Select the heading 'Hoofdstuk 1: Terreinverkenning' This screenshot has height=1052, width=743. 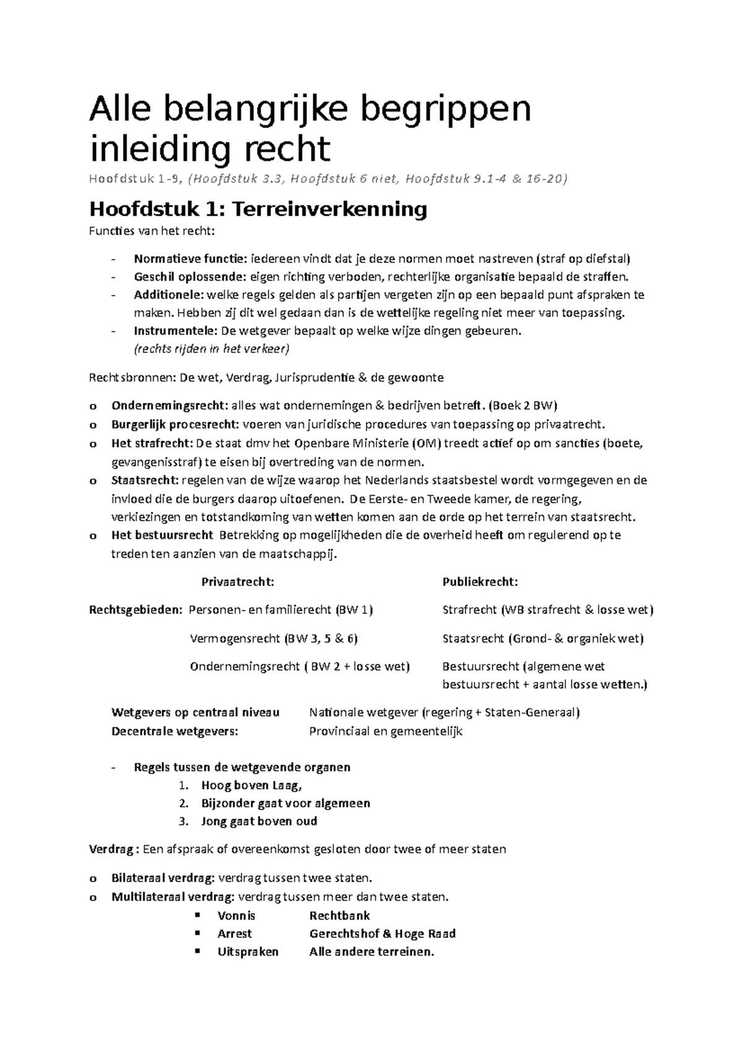(x=258, y=209)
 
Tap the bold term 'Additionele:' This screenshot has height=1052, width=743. (x=168, y=295)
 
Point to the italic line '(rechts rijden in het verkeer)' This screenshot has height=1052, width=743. (x=211, y=349)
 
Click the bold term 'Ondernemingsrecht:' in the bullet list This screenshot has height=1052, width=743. (x=170, y=406)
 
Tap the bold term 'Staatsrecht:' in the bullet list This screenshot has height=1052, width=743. (x=144, y=480)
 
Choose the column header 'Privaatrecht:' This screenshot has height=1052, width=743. (x=238, y=582)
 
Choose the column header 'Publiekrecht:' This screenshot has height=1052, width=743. (x=480, y=582)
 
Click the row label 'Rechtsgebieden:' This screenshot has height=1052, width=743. (x=136, y=610)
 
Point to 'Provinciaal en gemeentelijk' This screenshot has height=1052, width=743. (x=385, y=731)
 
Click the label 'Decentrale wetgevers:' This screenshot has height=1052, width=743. (x=174, y=731)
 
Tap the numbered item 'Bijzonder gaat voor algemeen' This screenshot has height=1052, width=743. (x=285, y=804)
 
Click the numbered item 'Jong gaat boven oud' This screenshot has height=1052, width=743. (x=259, y=822)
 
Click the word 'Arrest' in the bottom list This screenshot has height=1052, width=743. (x=235, y=934)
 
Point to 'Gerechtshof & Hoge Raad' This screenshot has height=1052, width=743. (x=382, y=934)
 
